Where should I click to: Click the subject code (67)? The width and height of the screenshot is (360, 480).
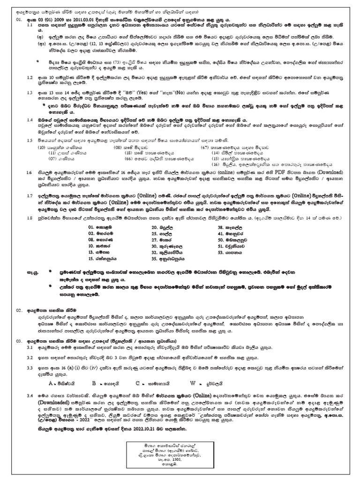click(x=204, y=147)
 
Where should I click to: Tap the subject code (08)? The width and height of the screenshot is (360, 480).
click(x=119, y=147)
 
